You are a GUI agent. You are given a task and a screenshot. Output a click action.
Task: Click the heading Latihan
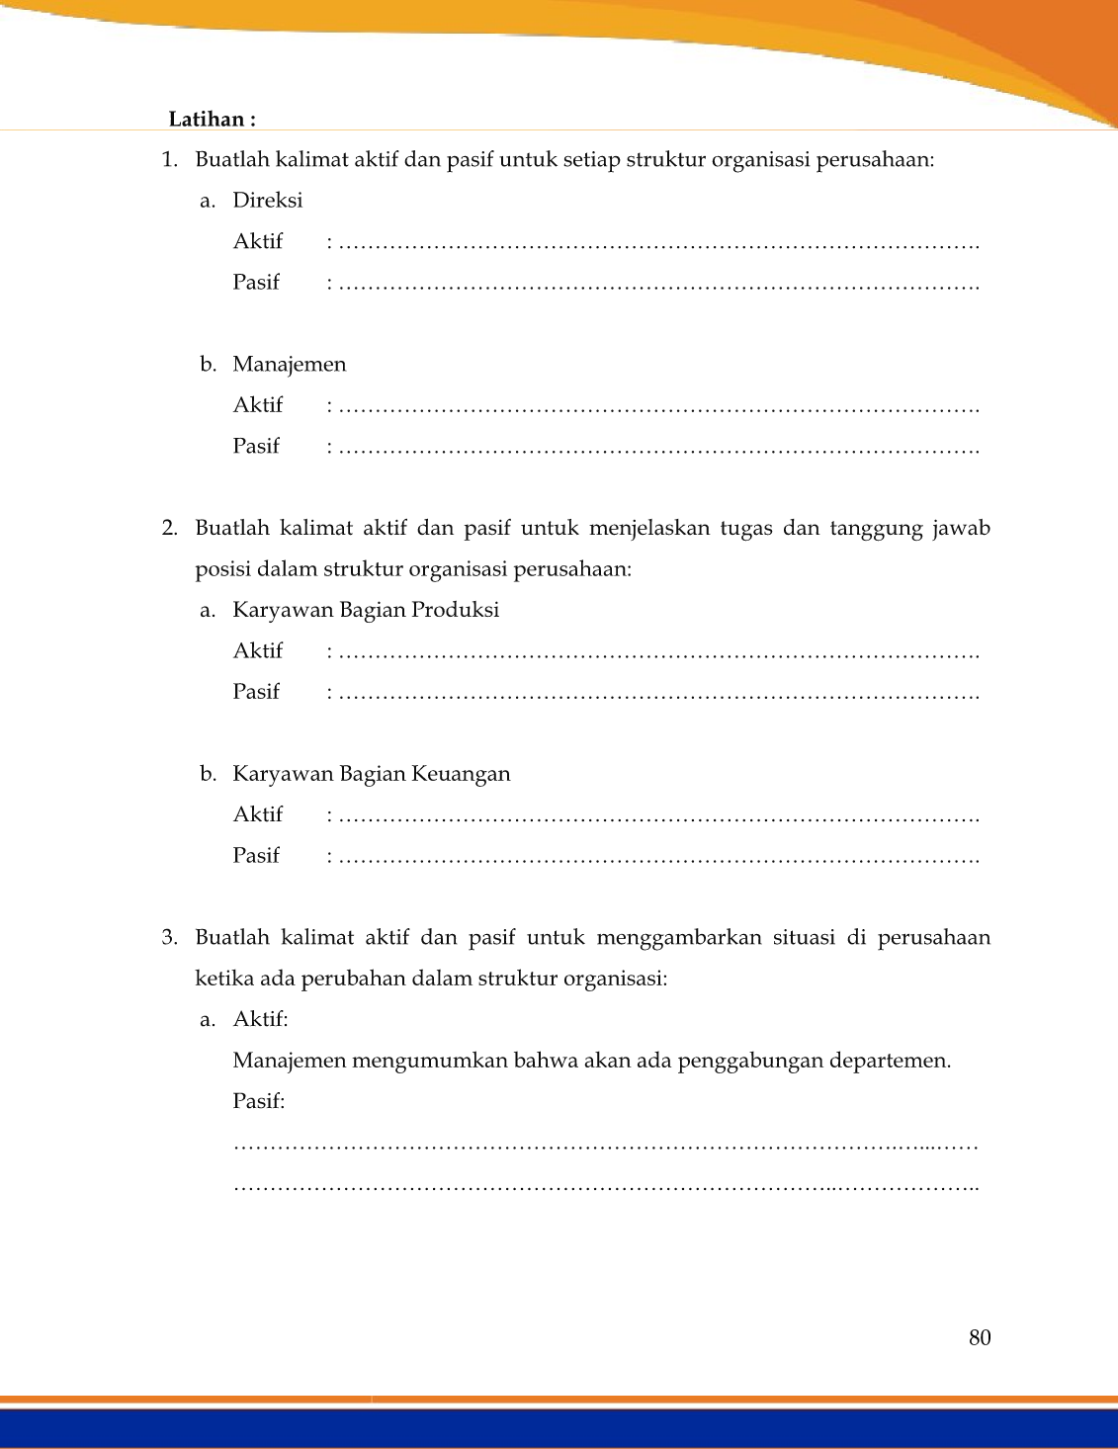coord(212,120)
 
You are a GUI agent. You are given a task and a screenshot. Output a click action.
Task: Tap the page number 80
coord(979,1338)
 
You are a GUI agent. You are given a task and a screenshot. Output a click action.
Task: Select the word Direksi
coord(267,201)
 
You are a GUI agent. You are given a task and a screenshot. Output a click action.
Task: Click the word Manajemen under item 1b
coord(289,365)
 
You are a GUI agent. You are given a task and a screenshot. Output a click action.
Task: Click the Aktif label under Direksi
coord(257,242)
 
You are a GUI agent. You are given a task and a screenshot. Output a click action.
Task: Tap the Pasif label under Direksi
coord(256,283)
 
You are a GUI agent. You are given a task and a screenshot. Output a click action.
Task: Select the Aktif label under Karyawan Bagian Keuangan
coord(257,815)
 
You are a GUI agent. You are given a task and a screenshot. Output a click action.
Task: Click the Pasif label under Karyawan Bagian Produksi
coord(256,692)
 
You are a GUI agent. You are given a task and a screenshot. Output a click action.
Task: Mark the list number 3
coord(169,938)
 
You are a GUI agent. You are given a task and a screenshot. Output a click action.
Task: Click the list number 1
coord(169,160)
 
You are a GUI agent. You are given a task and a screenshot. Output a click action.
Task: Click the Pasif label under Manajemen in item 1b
coord(256,447)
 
